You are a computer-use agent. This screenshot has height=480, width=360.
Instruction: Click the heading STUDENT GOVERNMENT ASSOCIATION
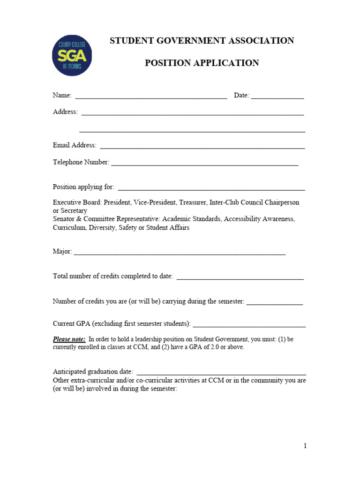pyautogui.click(x=202, y=41)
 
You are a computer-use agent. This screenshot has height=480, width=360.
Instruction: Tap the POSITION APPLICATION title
pyautogui.click(x=202, y=63)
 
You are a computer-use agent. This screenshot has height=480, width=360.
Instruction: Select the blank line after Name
pyautogui.click(x=151, y=97)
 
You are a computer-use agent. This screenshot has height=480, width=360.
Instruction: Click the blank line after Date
pyautogui.click(x=277, y=97)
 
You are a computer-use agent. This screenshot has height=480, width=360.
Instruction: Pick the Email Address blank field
pyautogui.click(x=202, y=147)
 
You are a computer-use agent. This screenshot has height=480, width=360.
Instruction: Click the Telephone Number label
pyautogui.click(x=81, y=162)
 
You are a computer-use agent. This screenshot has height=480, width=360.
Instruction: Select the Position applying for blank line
pyautogui.click(x=211, y=188)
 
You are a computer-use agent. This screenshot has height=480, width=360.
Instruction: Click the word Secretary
pyautogui.click(x=74, y=211)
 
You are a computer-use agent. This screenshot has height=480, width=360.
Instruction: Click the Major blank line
pyautogui.click(x=180, y=253)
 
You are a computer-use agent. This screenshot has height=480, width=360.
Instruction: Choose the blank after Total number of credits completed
pyautogui.click(x=240, y=278)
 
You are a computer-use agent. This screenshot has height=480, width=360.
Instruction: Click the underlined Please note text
pyautogui.click(x=69, y=339)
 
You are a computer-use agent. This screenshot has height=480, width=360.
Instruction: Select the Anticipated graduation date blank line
pyautogui.click(x=221, y=373)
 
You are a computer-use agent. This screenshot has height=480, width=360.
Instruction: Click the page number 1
pyautogui.click(x=305, y=446)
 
